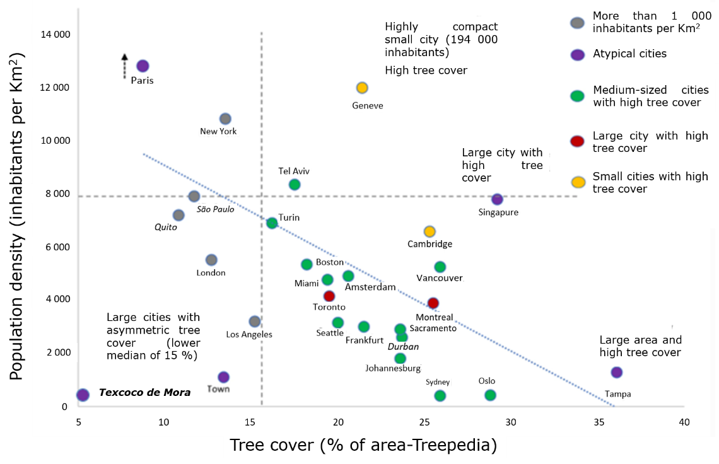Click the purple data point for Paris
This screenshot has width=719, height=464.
point(143,66)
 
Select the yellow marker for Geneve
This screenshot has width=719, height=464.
point(362,88)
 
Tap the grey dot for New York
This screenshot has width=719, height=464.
point(225,119)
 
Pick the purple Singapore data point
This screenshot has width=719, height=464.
point(497,200)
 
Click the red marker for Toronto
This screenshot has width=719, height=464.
point(329,296)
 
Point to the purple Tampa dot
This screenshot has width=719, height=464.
point(617,373)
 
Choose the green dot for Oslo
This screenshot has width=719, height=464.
point(490,395)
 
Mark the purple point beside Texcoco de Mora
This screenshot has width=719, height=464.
point(83,395)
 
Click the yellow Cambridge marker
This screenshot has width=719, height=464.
point(430,231)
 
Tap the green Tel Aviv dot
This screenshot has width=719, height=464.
point(295,185)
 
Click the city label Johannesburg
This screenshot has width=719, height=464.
point(393,369)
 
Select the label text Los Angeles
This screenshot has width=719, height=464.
point(249,334)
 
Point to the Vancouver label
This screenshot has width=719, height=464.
point(440,278)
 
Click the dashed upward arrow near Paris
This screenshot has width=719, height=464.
point(125,66)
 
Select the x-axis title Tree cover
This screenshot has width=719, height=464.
point(363,445)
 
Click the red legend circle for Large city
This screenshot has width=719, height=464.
point(577,141)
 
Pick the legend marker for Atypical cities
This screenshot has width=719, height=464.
point(577,54)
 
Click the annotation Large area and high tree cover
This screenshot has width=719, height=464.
point(640,346)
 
